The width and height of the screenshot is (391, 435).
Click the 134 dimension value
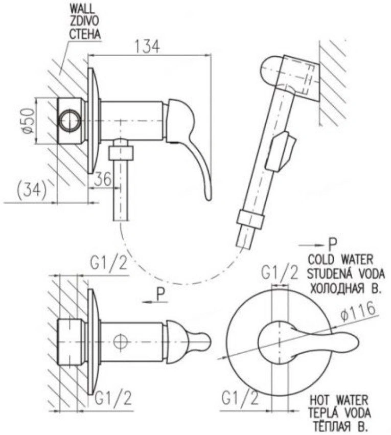[x=147, y=47]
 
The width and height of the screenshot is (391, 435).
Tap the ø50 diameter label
[x=29, y=121]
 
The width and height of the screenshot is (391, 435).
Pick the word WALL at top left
[x=82, y=9]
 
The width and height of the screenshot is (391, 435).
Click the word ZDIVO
[x=83, y=21]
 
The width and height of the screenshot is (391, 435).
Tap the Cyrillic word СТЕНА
[x=84, y=34]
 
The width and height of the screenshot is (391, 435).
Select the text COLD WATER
[x=340, y=260]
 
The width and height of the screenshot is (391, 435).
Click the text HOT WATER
[x=338, y=400]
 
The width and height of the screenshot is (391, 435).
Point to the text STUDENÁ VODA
[x=346, y=274]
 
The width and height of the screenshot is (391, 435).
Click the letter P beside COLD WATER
[x=333, y=244]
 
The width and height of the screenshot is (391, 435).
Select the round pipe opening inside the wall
[x=71, y=121]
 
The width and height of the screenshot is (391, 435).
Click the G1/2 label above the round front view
[x=280, y=273]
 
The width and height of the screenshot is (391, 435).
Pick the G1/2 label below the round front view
[x=240, y=399]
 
